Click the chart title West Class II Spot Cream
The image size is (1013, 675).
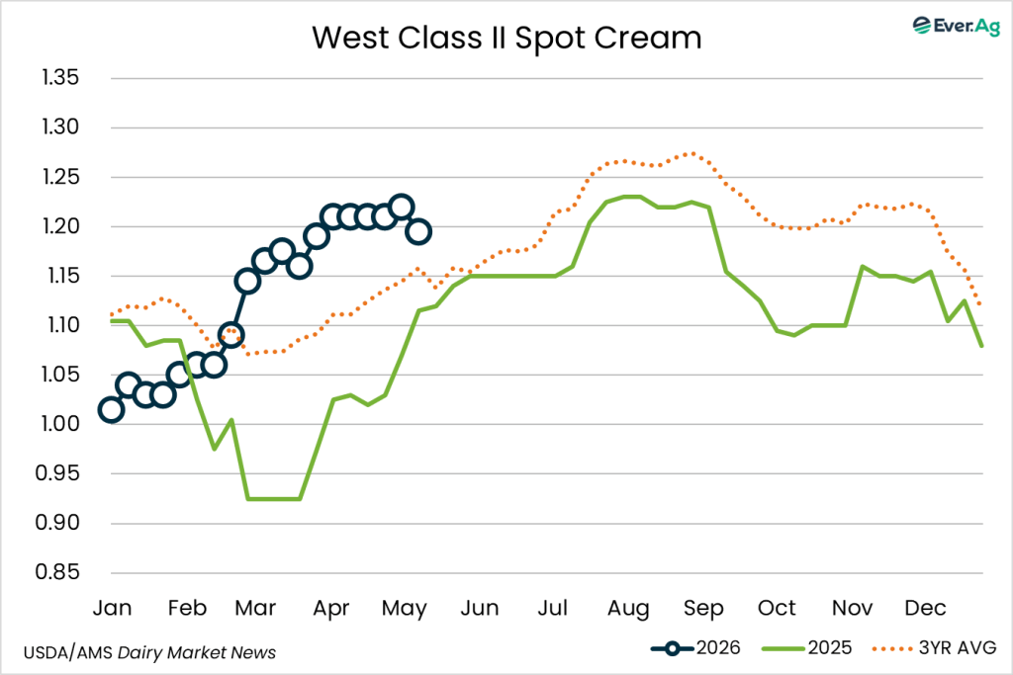[x=506, y=39]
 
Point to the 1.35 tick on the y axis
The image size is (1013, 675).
[x=60, y=77]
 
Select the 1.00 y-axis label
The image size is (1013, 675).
[x=60, y=424]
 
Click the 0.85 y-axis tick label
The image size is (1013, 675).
[x=57, y=572]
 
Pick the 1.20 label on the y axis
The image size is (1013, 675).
[x=60, y=226]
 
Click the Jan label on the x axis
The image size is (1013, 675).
[x=112, y=608]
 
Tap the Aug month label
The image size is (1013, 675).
[x=628, y=609]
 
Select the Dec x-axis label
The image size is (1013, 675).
[x=925, y=608]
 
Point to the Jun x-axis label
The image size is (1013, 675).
[x=480, y=608]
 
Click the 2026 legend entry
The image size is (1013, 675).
[x=695, y=648]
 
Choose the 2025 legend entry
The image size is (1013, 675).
[x=807, y=648]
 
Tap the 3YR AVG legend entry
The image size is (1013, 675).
[x=934, y=648]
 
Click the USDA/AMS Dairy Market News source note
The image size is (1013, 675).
[x=149, y=653]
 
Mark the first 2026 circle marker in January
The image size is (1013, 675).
[x=111, y=410]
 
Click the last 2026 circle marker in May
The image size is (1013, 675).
[x=418, y=231]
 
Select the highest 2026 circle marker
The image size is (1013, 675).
[x=402, y=208]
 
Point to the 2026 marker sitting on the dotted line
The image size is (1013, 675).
[x=230, y=336]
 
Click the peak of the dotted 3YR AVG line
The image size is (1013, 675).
[x=692, y=153]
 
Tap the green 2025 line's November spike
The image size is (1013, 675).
[x=863, y=266]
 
